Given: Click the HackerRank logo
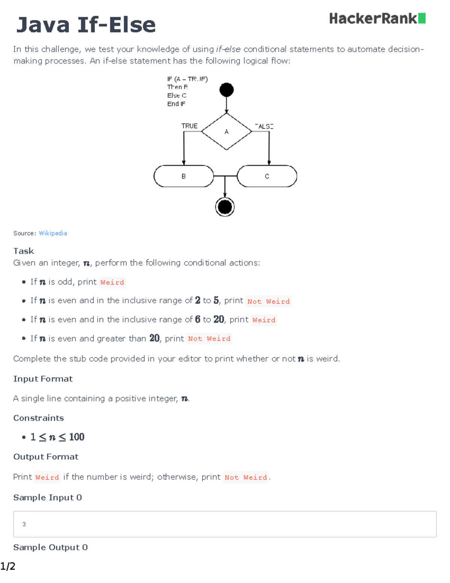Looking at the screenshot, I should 377,18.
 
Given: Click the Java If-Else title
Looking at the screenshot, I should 86,25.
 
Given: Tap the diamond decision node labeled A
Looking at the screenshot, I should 226,131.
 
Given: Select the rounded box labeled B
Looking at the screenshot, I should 184,176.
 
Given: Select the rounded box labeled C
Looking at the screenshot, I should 267,176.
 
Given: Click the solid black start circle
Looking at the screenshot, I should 226,90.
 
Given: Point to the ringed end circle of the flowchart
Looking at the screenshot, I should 225,207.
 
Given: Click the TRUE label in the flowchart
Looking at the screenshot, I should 189,126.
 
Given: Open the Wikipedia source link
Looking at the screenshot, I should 53,233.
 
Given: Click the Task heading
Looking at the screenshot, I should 24,251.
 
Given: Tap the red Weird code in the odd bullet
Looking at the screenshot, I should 112,282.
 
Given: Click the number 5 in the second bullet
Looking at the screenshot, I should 216,300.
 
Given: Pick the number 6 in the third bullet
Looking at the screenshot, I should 198,319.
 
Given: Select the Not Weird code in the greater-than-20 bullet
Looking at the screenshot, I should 209,339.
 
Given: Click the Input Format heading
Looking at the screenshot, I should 43,379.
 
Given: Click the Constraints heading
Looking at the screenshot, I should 39,418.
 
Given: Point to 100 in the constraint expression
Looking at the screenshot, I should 77,437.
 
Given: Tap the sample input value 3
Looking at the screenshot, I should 24,524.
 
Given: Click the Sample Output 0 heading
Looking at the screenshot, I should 51,547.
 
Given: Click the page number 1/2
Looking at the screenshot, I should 8,566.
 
